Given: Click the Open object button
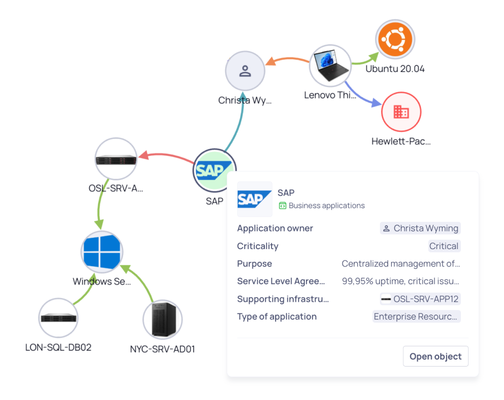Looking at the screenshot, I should coord(435,356).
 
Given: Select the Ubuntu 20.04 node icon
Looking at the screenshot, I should coord(395,39).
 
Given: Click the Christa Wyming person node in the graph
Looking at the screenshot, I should coord(245,71).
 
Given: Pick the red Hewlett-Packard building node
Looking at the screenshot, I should coord(401,112).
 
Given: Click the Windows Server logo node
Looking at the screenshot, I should coord(102,252).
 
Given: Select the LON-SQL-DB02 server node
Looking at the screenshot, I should coord(59,318).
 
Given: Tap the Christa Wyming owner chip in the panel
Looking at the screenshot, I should coord(420,228).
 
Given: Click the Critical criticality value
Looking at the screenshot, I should coord(444,246).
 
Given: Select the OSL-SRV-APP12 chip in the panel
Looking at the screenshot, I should coord(420,299).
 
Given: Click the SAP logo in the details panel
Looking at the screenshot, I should coord(254,199).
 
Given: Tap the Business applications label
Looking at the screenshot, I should coord(326,206).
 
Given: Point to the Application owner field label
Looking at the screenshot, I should coord(275,228).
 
